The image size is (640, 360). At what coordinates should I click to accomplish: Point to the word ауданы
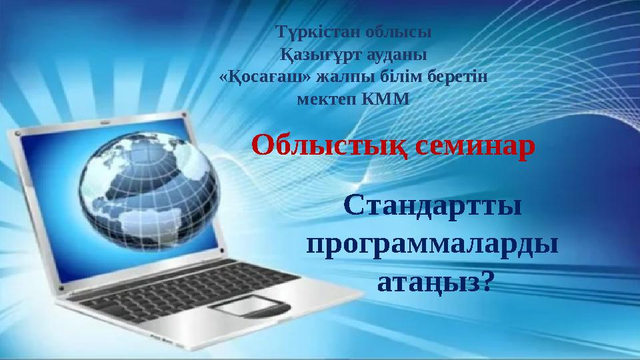click(393, 53)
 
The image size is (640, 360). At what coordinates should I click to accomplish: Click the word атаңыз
click(427, 282)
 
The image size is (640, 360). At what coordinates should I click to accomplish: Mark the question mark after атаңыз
click(487, 282)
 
